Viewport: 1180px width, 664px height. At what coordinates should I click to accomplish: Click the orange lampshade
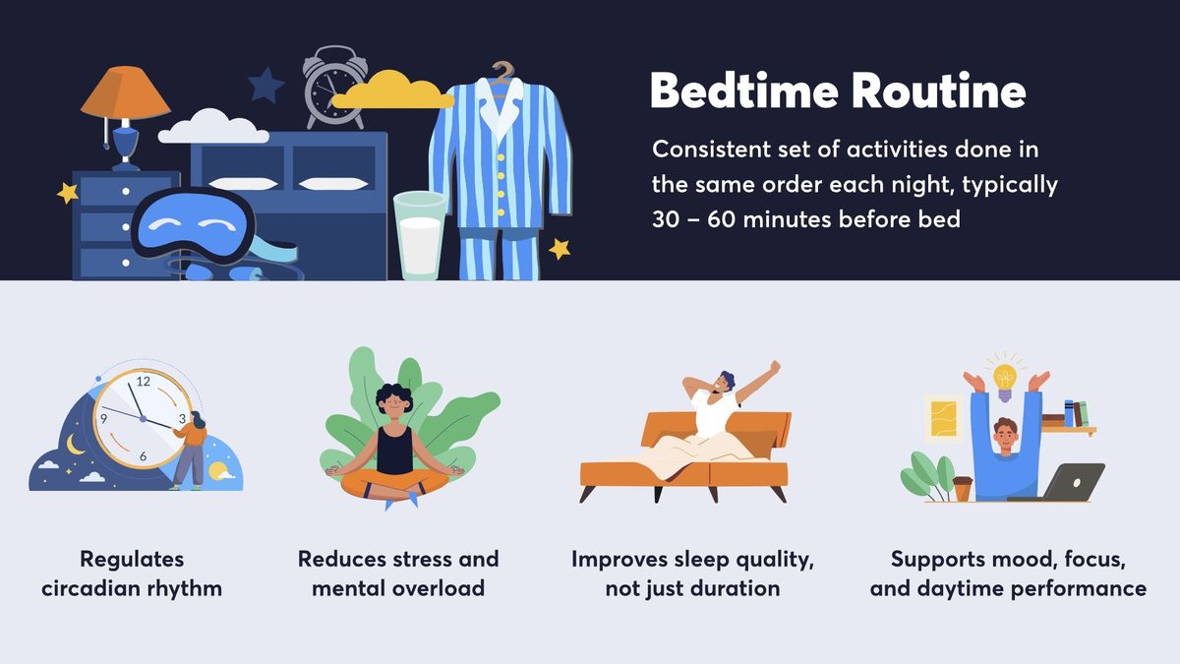click(124, 94)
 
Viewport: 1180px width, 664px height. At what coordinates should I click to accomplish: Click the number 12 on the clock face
click(144, 381)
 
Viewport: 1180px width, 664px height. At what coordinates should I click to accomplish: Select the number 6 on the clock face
click(144, 455)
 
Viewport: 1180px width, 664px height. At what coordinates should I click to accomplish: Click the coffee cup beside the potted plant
click(962, 488)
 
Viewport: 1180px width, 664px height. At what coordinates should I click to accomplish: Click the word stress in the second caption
click(423, 560)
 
